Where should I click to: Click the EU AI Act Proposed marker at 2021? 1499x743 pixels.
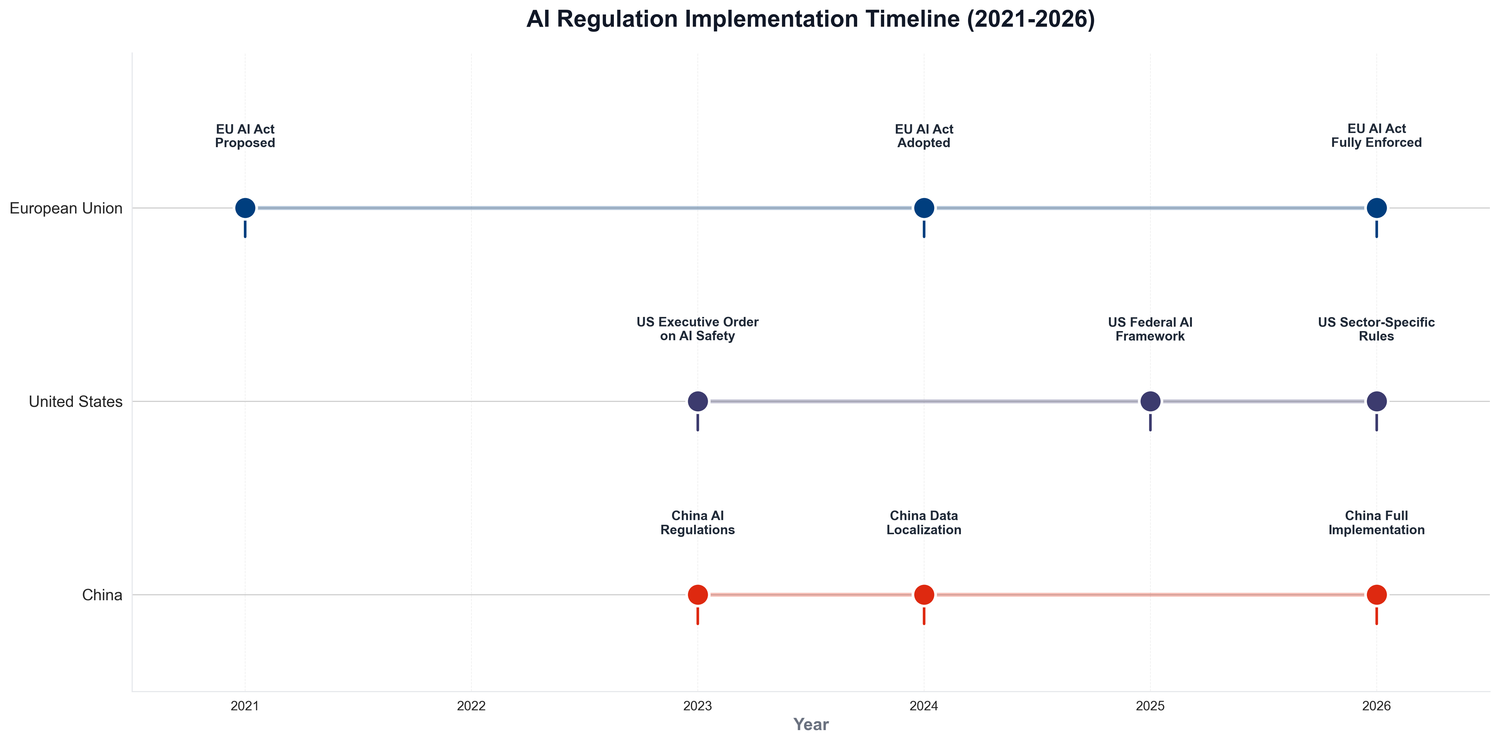245,208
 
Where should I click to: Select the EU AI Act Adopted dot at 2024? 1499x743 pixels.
923,208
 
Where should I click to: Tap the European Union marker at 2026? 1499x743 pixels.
1376,208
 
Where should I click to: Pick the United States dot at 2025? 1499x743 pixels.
1150,401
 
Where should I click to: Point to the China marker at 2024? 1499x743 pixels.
923,595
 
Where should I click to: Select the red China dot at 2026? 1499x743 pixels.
1376,595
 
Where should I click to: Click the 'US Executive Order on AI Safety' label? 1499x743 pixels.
697,329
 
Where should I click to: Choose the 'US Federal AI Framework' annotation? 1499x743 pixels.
1150,329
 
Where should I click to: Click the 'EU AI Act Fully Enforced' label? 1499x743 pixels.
1376,136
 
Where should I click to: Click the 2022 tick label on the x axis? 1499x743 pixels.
471,706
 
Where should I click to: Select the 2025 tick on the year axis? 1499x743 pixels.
1150,706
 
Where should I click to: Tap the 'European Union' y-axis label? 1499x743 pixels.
66,208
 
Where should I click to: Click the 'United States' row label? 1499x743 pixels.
76,402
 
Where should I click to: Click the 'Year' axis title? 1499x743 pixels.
811,724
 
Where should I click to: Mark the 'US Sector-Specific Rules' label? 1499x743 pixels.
1376,329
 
